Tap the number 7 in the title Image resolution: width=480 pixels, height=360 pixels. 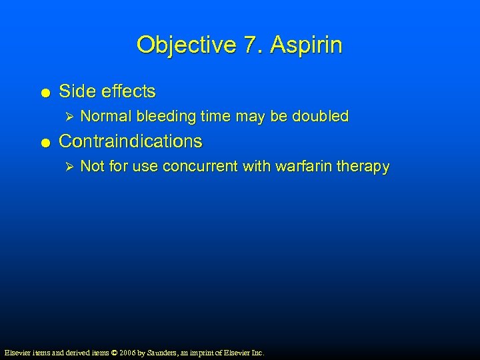coord(249,45)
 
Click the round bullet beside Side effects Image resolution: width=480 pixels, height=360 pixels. coord(44,92)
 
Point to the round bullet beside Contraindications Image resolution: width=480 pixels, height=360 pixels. coord(44,142)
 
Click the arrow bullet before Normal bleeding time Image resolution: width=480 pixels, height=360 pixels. coord(65,117)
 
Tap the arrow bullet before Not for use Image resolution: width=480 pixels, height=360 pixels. coord(65,167)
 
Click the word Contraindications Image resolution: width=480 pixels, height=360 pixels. coord(131,141)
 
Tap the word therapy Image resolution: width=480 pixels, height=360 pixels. coord(364,167)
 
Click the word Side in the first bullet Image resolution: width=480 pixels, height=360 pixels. coord(75,91)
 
